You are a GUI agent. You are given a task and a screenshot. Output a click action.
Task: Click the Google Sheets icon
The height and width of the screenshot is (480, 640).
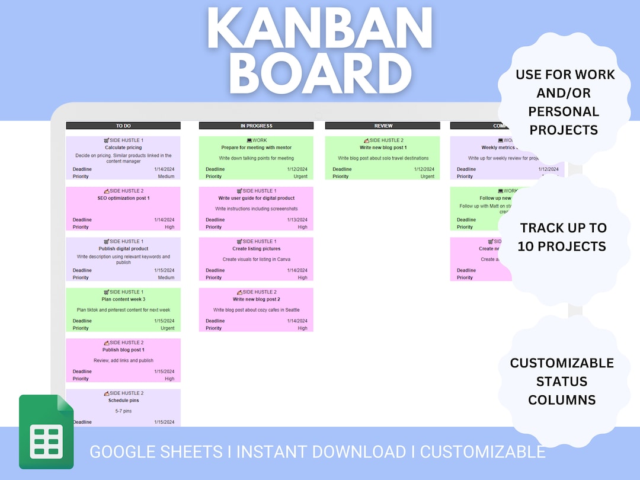tap(46, 431)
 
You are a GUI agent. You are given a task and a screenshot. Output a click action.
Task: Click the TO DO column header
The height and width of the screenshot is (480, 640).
tap(123, 126)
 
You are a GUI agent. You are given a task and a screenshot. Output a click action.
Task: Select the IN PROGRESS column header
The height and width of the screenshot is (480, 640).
tap(256, 126)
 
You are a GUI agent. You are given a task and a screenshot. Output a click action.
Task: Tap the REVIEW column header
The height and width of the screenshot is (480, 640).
tap(383, 126)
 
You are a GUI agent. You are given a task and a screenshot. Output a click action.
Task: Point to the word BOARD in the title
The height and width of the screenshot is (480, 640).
tap(319, 74)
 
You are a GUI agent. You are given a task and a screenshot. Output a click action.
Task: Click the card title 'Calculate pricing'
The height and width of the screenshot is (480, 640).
tap(123, 148)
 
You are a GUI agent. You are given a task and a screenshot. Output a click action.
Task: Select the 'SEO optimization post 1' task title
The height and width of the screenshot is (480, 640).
tap(123, 199)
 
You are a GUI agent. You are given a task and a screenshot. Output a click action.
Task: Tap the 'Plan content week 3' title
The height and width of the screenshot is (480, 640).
tap(123, 299)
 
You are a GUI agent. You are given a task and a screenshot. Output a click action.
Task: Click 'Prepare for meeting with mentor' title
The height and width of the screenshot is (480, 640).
tap(256, 148)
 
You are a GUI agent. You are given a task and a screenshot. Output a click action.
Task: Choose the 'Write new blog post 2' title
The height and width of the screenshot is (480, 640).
tap(256, 299)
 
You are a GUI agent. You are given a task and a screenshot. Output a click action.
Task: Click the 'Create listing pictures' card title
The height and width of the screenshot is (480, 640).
tap(256, 249)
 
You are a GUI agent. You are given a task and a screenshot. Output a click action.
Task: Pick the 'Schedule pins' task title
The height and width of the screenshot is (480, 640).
tap(123, 401)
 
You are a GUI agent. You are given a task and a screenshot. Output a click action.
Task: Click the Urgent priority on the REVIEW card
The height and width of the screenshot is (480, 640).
tap(427, 177)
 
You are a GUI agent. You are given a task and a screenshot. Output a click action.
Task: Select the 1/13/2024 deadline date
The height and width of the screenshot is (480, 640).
tap(297, 220)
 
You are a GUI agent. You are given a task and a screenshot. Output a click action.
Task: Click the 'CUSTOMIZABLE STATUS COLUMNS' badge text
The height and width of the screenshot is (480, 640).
tap(562, 381)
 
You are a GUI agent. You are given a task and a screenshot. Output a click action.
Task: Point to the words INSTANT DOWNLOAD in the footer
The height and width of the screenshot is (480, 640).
tap(321, 452)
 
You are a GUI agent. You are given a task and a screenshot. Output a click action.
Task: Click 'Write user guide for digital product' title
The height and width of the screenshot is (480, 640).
tap(256, 199)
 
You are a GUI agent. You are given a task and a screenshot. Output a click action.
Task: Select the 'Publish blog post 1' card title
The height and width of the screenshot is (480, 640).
tap(123, 350)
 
